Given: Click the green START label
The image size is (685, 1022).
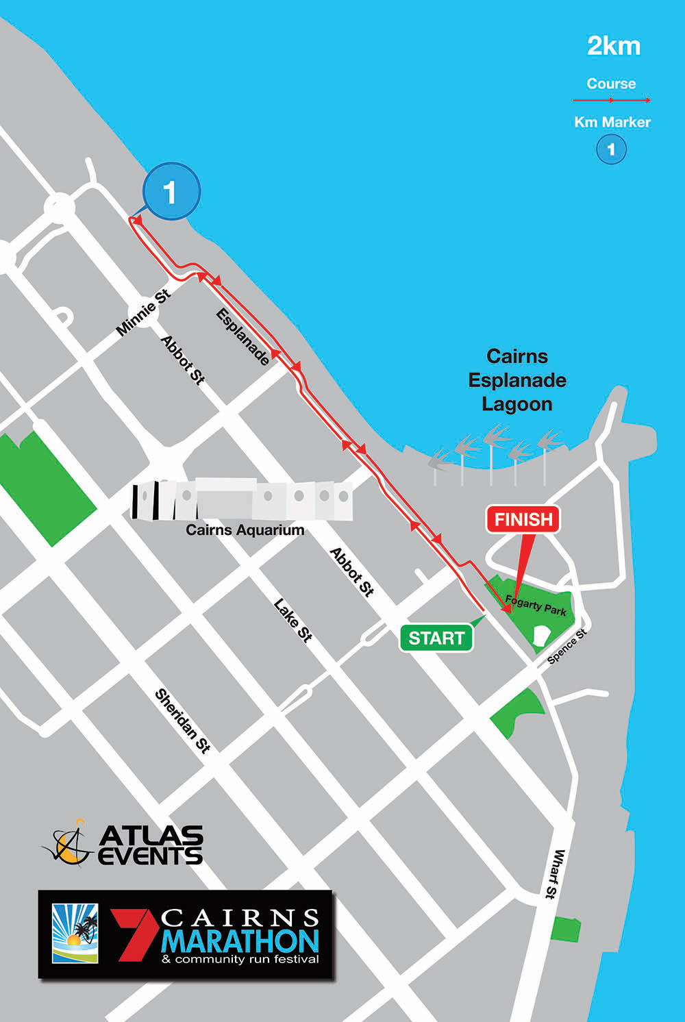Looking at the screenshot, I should (436, 638).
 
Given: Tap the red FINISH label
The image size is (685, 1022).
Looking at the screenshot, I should (523, 519).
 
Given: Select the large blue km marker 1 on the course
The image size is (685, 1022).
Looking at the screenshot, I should (171, 192).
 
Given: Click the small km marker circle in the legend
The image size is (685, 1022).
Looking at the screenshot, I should (611, 149).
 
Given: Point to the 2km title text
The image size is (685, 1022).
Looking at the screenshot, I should (614, 46).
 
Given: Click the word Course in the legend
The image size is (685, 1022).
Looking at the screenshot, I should (611, 84).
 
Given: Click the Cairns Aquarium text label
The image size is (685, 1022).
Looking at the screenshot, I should (245, 529).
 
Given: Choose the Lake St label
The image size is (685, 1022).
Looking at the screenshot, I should (293, 620).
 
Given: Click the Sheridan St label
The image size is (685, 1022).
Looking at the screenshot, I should (182, 721).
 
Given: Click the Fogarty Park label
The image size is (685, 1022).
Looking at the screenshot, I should (536, 606).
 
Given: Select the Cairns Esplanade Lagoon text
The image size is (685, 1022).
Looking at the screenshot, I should (517, 380).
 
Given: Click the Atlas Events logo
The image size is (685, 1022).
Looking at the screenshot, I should (123, 844).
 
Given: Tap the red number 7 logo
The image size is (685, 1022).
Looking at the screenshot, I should (134, 935).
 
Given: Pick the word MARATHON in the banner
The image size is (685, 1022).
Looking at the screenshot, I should (240, 941).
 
